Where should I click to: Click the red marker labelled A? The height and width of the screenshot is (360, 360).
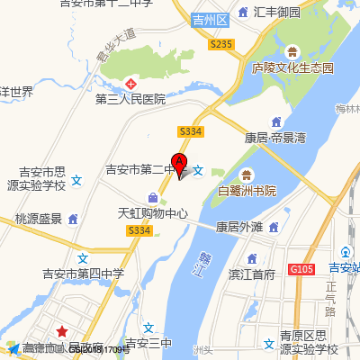click(x=179, y=165)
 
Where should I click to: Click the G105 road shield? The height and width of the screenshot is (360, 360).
click(x=301, y=268)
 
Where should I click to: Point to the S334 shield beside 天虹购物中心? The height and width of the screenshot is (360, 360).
click(x=139, y=231)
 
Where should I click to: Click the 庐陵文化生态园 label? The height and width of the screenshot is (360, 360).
click(x=292, y=68)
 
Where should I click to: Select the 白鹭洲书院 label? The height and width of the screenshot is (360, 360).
click(x=247, y=191)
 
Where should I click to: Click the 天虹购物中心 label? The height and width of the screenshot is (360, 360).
click(x=153, y=214)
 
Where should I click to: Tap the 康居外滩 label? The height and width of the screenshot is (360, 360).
click(x=238, y=227)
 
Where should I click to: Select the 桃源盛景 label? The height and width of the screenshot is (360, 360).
click(x=39, y=219)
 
